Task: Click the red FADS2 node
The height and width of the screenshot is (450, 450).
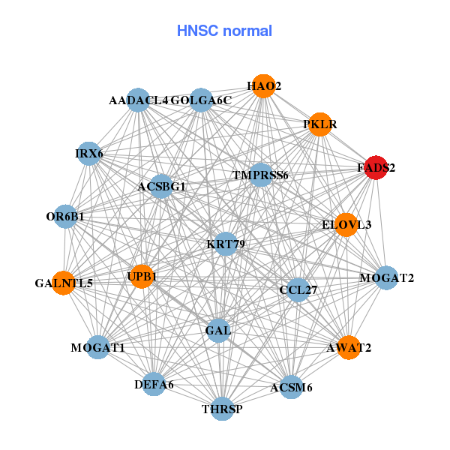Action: [375, 169]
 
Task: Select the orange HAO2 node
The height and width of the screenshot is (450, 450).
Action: [262, 85]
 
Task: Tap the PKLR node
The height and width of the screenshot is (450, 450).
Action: [319, 124]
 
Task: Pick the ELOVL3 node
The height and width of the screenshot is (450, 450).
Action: [345, 224]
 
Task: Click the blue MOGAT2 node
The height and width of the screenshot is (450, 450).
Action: [385, 278]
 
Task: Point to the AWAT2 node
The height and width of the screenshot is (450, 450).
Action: [348, 348]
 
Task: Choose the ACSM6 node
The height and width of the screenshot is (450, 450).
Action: [291, 387]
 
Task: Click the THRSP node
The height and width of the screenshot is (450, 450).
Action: [222, 409]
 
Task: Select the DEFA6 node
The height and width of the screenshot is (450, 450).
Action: [154, 384]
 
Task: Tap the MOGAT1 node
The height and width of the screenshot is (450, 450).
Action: [98, 347]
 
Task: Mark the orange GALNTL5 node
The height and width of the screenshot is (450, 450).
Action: [64, 283]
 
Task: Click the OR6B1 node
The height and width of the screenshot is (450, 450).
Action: [65, 217]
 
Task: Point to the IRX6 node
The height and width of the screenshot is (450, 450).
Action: [89, 154]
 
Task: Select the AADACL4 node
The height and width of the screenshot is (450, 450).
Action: [139, 100]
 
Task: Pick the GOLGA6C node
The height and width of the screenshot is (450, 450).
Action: [200, 100]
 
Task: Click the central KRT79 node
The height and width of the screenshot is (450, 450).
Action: [226, 244]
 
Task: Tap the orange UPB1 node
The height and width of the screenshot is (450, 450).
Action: [141, 277]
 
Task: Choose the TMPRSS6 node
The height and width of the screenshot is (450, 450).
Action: [260, 175]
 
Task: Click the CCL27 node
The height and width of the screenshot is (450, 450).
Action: [298, 289]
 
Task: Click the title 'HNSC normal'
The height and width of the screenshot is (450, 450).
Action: [224, 31]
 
